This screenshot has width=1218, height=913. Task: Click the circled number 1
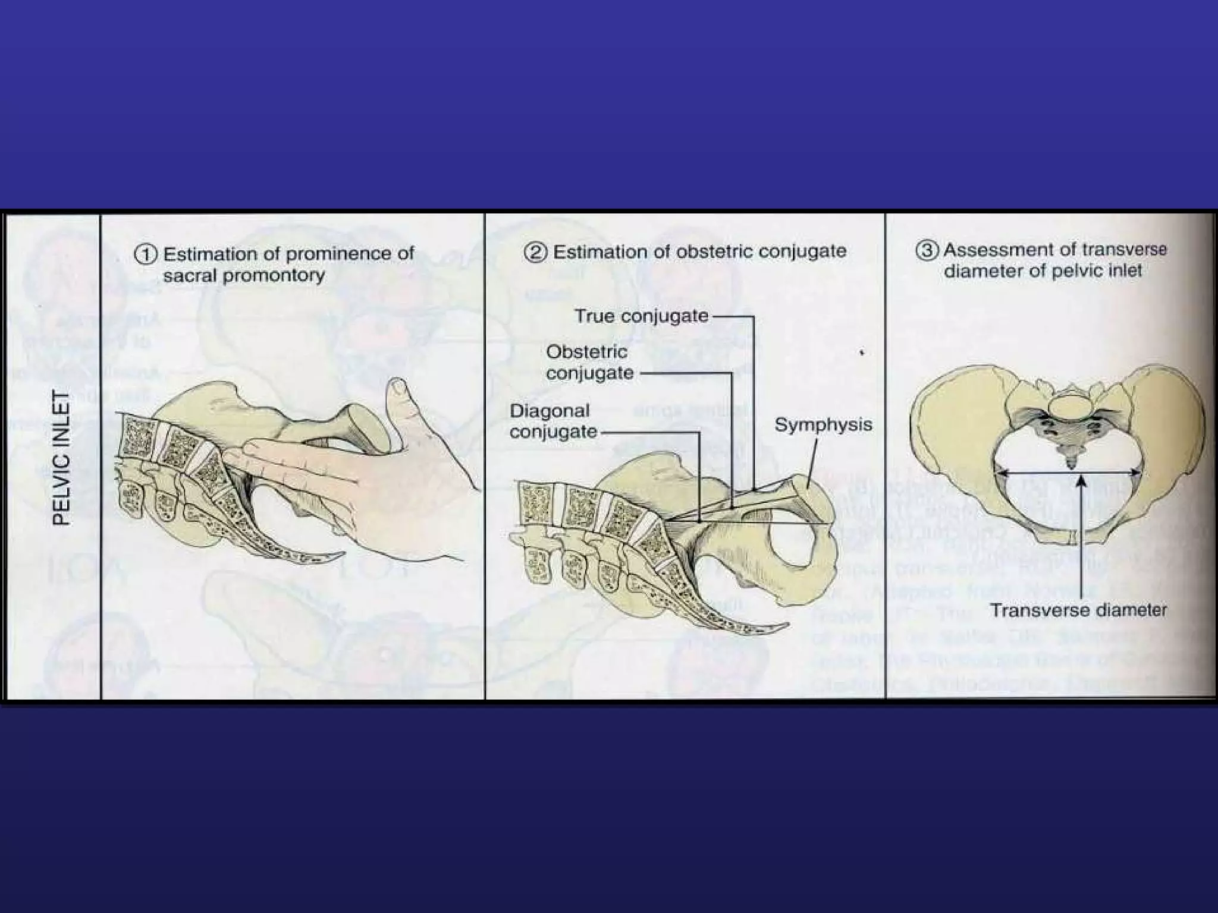pyautogui.click(x=145, y=255)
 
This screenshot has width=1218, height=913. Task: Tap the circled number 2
pyautogui.click(x=535, y=252)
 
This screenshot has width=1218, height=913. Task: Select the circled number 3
pyautogui.click(x=925, y=251)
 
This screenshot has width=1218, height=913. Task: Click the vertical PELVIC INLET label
pyautogui.click(x=62, y=458)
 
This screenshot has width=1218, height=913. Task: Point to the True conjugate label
pyautogui.click(x=642, y=316)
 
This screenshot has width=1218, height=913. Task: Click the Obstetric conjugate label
pyautogui.click(x=589, y=362)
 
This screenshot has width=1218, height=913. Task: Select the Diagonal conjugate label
pyautogui.click(x=553, y=421)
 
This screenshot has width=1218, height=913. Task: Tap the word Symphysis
pyautogui.click(x=823, y=424)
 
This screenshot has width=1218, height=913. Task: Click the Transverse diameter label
pyautogui.click(x=1078, y=610)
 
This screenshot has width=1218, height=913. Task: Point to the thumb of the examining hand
pyautogui.click(x=401, y=410)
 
